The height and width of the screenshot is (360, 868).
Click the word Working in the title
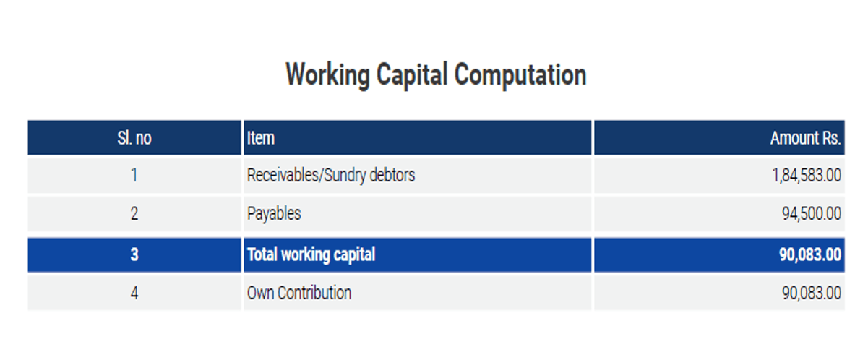point(327,74)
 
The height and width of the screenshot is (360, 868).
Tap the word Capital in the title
point(412,74)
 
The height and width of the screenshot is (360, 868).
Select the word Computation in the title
point(520,74)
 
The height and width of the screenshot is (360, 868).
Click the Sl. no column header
point(134,138)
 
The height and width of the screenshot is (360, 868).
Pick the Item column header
point(261,138)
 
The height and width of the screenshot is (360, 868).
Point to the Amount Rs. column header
point(805,138)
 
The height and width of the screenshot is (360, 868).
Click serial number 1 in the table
point(134,175)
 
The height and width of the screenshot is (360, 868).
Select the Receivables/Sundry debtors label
point(331,176)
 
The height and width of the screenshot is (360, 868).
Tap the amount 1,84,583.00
point(807,176)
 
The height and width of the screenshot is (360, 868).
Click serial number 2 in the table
point(134,213)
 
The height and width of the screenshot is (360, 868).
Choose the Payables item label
point(274,214)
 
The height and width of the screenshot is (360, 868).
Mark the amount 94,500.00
point(811,214)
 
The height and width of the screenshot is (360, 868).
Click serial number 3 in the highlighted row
point(134,254)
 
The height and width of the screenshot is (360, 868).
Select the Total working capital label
point(311,255)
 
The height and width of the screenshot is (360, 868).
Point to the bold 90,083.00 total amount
point(810,255)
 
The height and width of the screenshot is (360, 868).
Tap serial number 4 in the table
point(134,293)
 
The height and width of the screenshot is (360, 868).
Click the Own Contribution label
point(299,293)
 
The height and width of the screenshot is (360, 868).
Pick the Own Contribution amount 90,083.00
point(811,293)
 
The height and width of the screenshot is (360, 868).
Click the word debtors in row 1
point(392,175)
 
